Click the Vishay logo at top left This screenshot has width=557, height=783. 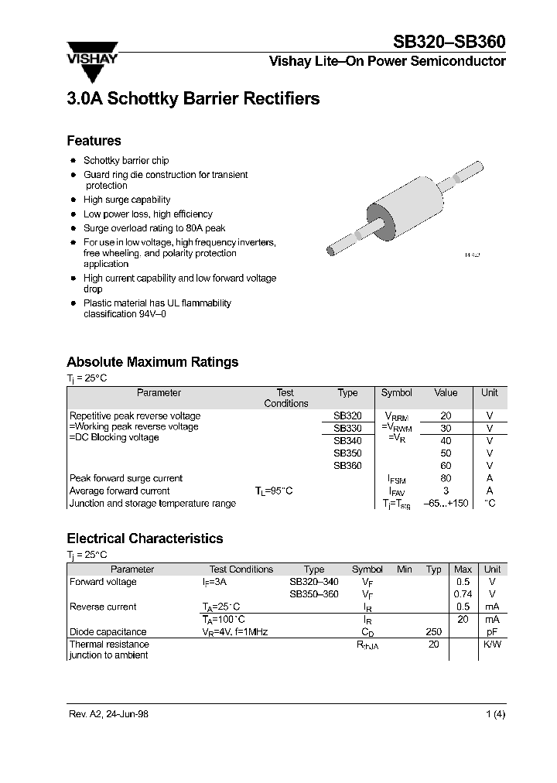95,59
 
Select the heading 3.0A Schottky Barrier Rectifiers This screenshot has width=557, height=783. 193,99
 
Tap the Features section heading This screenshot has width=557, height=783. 94,141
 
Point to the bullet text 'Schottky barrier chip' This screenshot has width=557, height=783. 126,160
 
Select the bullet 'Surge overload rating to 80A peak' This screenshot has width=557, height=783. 154,228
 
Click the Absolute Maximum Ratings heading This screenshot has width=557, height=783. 152,361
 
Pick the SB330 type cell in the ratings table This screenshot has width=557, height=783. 347,428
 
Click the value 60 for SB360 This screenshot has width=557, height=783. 446,466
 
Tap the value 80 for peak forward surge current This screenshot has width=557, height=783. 446,478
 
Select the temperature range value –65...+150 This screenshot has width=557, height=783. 446,503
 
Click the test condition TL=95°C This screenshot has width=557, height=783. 274,491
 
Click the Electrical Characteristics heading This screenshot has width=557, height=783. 145,539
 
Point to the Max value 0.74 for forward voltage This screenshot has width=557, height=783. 463,594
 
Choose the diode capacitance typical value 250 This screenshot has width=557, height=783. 433,631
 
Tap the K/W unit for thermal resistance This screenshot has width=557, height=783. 492,644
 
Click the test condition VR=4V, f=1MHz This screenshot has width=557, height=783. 235,631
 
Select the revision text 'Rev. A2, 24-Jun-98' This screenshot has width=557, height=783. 108,714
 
